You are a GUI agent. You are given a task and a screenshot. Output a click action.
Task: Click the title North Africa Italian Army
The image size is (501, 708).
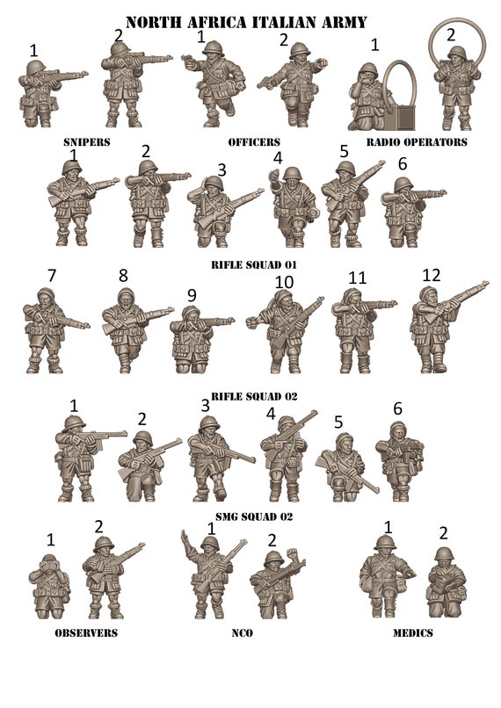point(246,22)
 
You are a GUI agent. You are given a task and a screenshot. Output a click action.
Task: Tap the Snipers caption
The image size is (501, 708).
point(87,141)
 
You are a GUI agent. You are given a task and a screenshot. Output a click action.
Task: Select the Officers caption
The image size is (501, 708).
point(254,141)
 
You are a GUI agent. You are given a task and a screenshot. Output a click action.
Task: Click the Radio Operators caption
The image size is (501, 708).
point(417,141)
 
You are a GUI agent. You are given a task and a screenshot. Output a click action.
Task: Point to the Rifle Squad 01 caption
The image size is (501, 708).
point(254,264)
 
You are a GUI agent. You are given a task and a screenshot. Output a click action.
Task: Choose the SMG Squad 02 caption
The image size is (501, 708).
point(254,517)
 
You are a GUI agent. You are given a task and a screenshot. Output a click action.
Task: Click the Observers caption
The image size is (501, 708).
point(86,632)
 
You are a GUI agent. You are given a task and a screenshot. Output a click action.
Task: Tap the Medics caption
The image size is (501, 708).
point(413,632)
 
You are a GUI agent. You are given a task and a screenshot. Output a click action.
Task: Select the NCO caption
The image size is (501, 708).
point(242,632)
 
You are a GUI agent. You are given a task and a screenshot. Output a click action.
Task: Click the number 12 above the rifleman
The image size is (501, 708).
point(431,275)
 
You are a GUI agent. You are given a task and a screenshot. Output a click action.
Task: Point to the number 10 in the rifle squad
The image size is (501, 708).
point(284,282)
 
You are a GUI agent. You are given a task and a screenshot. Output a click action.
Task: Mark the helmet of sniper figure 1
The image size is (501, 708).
point(36,68)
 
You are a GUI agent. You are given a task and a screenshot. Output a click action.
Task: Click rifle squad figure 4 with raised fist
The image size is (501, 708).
point(293,206)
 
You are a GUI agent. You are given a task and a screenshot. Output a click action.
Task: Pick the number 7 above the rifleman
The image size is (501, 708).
point(52,275)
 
